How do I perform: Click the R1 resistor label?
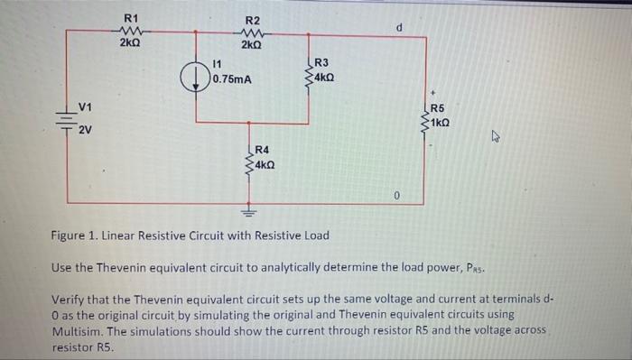[131, 17]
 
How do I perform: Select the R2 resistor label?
[253, 20]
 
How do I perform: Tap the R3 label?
[321, 62]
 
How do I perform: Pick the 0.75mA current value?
[230, 79]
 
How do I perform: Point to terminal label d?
[399, 27]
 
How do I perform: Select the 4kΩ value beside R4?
[265, 165]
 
